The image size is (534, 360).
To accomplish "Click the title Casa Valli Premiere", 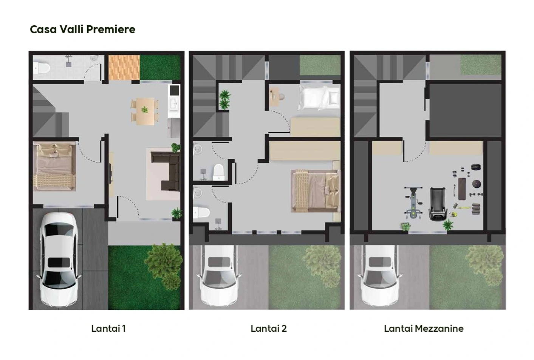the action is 82,29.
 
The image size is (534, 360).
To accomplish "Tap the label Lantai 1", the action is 108,329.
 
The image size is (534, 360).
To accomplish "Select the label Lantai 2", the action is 269,329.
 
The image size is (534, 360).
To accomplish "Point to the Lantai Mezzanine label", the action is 424,329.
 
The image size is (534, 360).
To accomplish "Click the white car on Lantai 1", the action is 59,259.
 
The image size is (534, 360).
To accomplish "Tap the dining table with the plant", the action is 145,111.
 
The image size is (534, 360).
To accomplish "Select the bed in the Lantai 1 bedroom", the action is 54,167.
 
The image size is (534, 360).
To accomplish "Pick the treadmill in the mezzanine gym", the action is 438,204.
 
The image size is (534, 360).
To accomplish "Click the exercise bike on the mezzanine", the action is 413,203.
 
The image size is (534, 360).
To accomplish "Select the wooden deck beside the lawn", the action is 124,68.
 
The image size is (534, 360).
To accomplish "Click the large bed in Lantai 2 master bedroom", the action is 316,191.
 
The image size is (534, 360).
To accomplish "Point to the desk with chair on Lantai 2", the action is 276,96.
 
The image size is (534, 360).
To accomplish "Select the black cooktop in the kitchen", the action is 175,90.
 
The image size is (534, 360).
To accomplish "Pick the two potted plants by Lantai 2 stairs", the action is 225,100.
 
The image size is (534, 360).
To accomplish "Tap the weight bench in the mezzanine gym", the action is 462,189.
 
